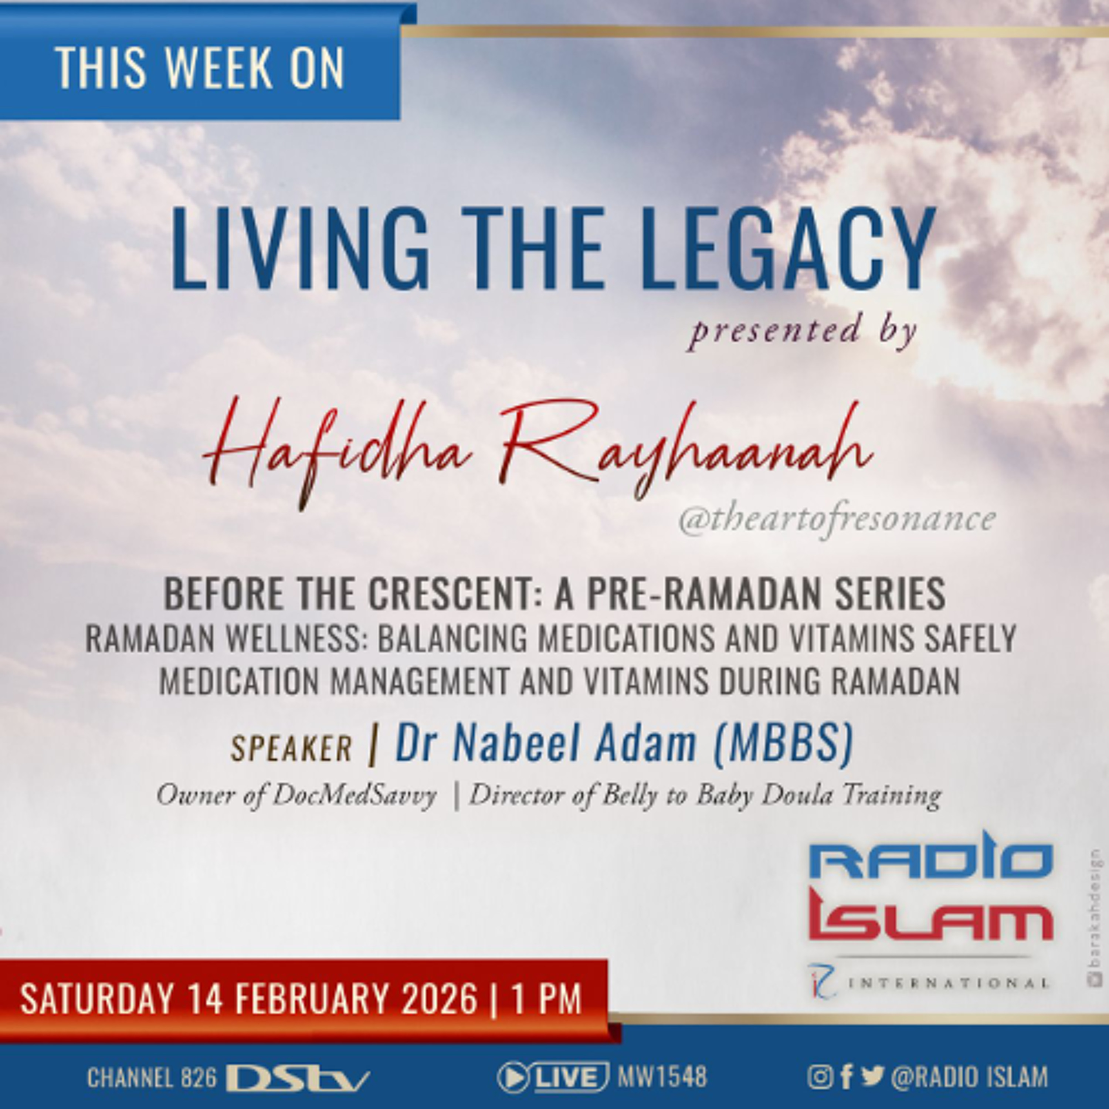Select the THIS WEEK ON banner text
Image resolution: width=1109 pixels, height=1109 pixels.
[199, 68]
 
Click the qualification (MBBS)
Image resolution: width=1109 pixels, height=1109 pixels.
[782, 743]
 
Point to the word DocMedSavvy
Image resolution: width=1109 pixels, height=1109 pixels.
[354, 796]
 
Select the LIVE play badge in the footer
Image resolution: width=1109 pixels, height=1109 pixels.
[553, 1078]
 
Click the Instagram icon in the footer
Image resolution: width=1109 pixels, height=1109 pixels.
[820, 1078]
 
